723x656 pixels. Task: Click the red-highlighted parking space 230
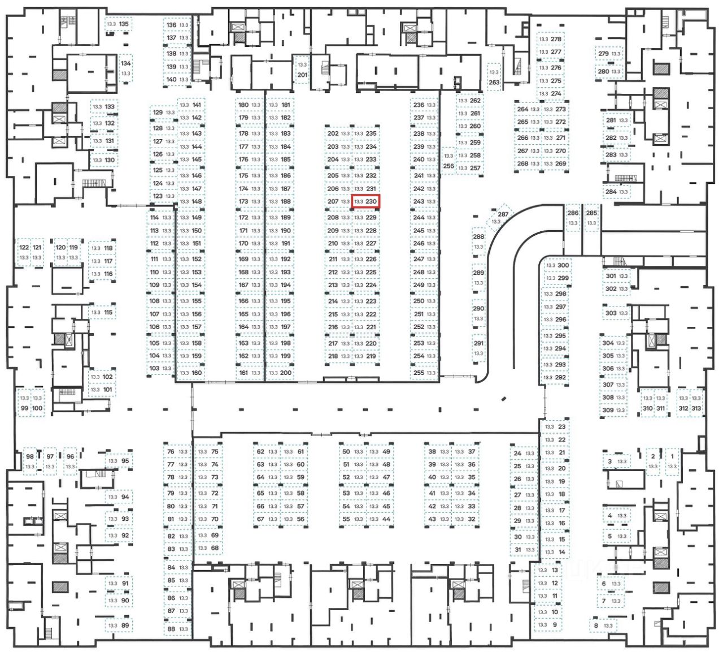coord(366,201)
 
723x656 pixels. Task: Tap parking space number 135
coord(117,24)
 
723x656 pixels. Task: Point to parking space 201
coord(302,70)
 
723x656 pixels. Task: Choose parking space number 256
coord(448,161)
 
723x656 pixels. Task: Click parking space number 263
coord(494,77)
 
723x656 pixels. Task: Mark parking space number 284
coord(617,192)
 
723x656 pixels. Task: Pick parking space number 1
coord(672,461)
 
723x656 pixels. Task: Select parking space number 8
coord(603,625)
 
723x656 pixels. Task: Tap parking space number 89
coord(119,625)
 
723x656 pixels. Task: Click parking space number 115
coord(102,312)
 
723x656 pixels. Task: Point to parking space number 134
coord(125,68)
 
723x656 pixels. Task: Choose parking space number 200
coord(280,373)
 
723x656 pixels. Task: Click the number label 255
coord(419,373)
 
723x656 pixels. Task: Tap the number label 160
coord(197,373)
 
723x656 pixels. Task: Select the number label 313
coord(696,408)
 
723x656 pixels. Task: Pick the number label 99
coord(24,408)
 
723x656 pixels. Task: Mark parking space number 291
coord(478,348)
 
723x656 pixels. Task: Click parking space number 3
coord(616,461)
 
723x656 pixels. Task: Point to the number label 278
coord(556,39)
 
